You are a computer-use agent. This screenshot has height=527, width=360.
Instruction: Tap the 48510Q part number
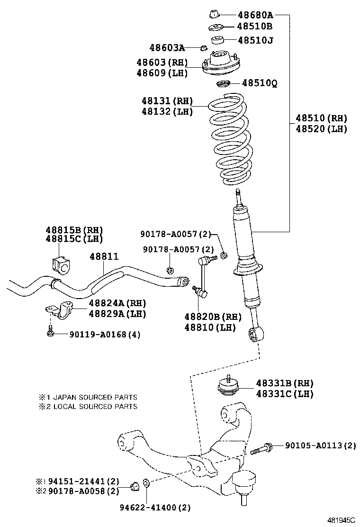260,84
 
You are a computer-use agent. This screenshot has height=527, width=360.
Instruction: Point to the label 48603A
167,47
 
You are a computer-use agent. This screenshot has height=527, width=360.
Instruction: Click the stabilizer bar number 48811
104,256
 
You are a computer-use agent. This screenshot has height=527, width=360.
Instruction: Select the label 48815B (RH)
74,230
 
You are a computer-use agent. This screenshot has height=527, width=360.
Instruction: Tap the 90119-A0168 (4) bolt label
105,335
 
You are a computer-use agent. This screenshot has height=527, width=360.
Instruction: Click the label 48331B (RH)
285,383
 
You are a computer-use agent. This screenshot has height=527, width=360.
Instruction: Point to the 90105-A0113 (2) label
320,445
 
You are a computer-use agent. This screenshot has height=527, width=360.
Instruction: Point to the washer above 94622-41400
147,483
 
